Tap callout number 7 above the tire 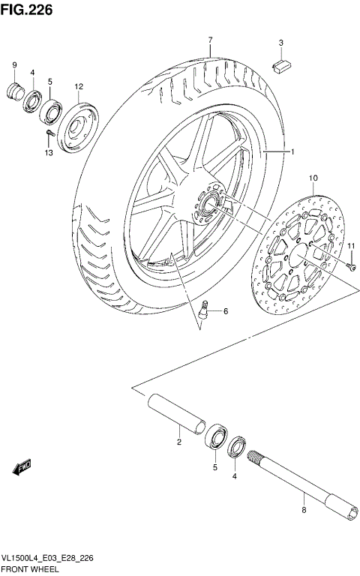point(211,39)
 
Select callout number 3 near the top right point(280,43)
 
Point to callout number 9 point(13,66)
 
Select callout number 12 point(78,87)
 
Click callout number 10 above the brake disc point(312,178)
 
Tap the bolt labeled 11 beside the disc point(352,265)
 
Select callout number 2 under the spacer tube point(179,442)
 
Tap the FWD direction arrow point(22,467)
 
